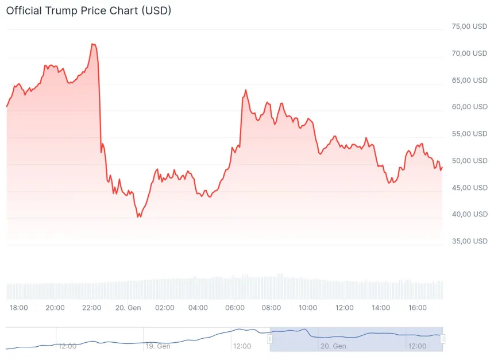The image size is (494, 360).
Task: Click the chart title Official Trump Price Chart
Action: (x=88, y=10)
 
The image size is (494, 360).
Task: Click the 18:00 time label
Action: (x=19, y=308)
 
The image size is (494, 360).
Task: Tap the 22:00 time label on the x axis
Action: (x=92, y=308)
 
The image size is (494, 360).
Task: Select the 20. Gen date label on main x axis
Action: (x=128, y=308)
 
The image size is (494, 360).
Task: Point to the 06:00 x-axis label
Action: (x=235, y=308)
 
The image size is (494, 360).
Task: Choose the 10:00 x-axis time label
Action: (x=308, y=308)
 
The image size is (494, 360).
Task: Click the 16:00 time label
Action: (x=417, y=308)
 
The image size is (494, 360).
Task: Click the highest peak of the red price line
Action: (x=92, y=44)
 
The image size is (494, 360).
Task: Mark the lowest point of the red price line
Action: (x=138, y=217)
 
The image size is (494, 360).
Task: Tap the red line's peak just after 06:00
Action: (x=246, y=90)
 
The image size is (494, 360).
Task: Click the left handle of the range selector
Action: (x=270, y=339)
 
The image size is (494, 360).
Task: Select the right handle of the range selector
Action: (x=442, y=339)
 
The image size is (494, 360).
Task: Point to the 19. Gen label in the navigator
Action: (x=157, y=346)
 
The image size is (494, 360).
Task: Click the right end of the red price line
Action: (x=442, y=167)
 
